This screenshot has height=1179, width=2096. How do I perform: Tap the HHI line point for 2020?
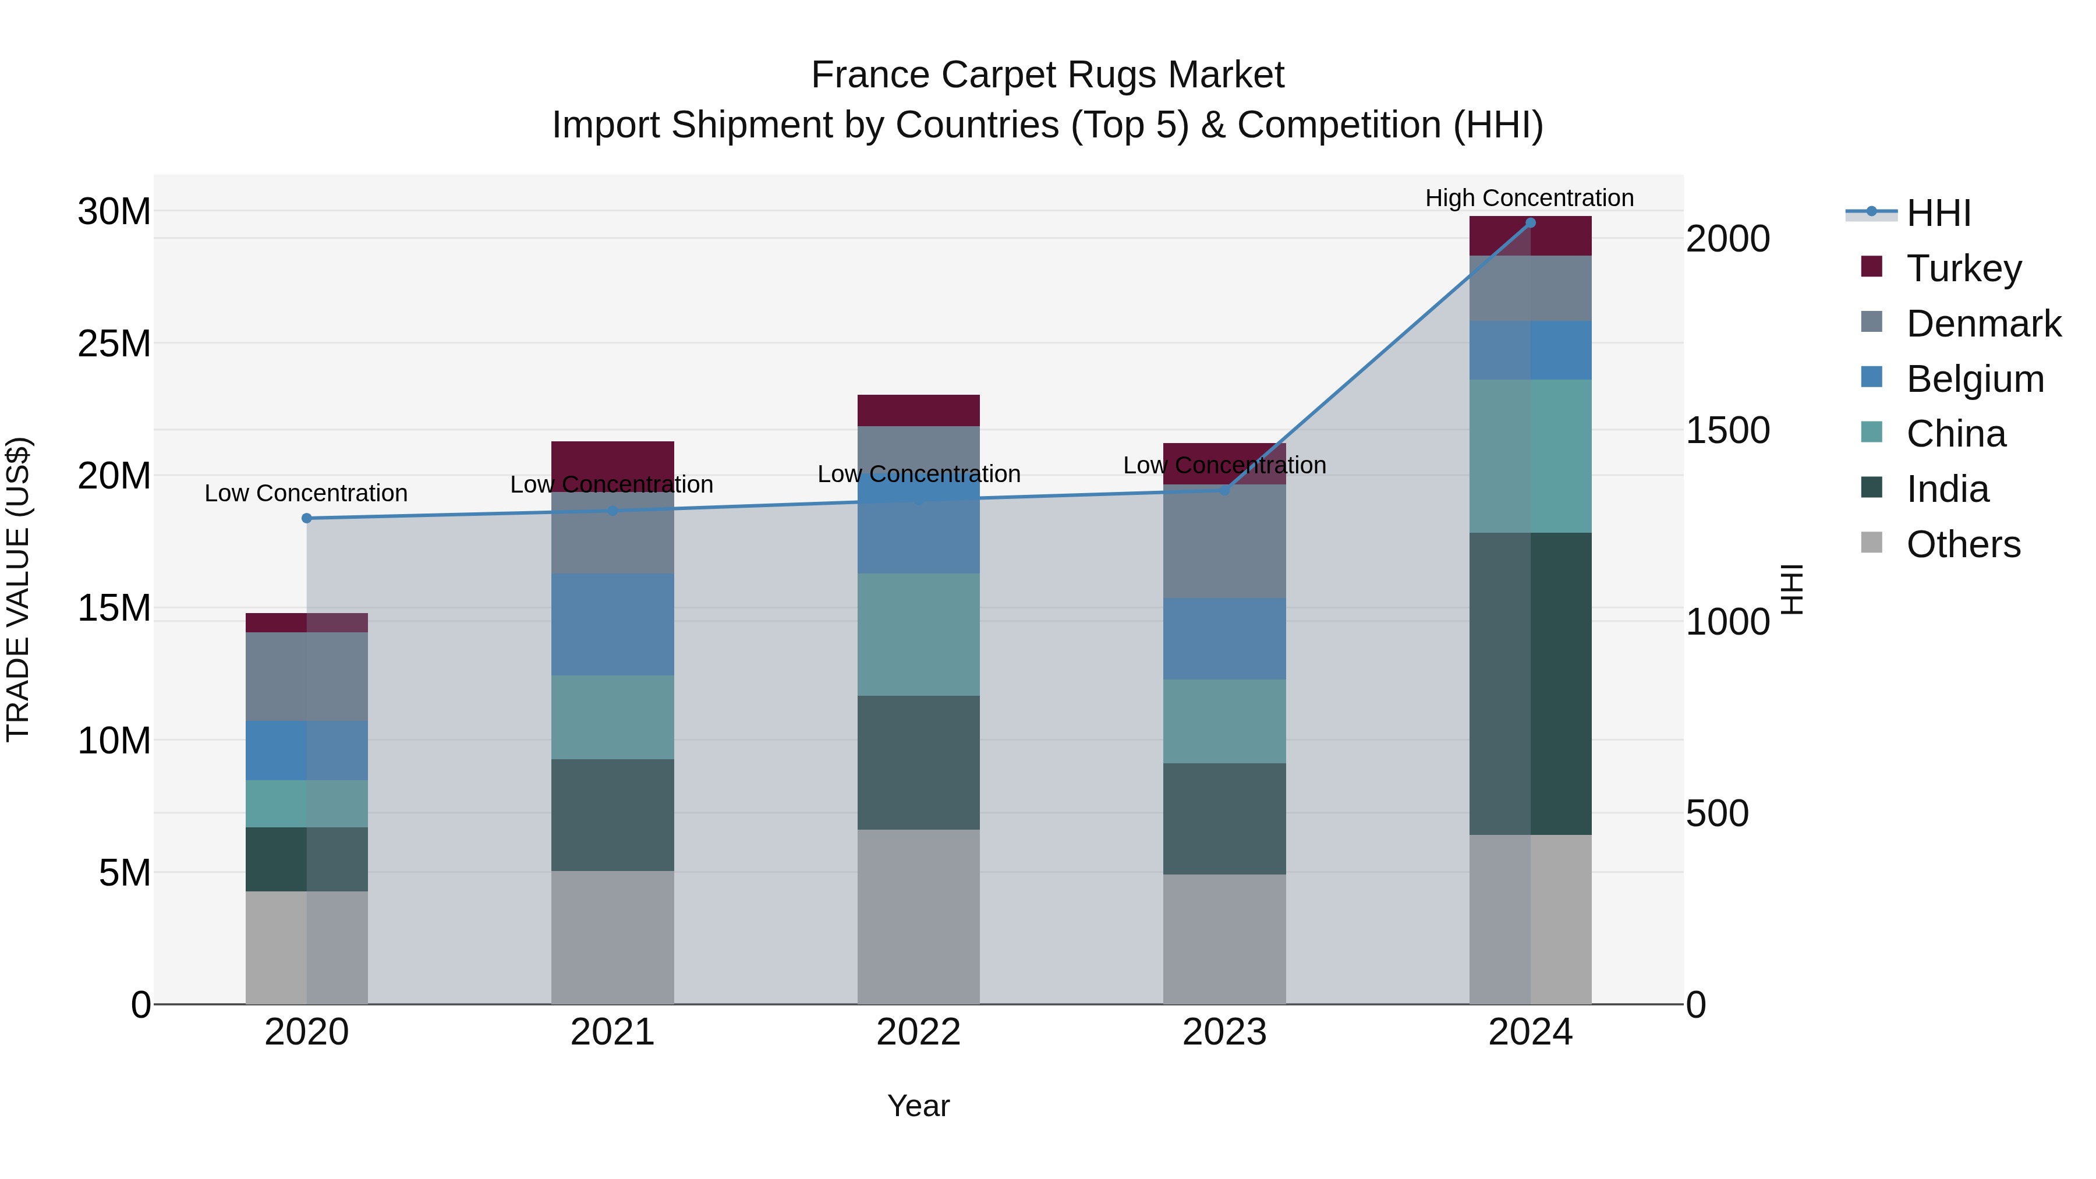(x=307, y=518)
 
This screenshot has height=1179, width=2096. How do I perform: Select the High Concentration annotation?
(x=1529, y=198)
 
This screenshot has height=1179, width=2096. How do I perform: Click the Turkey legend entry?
(x=1963, y=268)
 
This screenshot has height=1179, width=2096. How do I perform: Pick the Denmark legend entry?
(x=1983, y=324)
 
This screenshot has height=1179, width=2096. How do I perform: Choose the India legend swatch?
(x=1871, y=488)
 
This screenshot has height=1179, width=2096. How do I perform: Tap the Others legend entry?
(x=1963, y=544)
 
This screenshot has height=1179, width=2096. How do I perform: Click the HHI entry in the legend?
(x=1938, y=213)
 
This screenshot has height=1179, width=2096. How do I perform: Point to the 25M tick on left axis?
(x=114, y=344)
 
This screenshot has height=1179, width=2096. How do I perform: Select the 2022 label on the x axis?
(x=919, y=1032)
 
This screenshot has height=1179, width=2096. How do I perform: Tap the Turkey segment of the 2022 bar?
(x=919, y=410)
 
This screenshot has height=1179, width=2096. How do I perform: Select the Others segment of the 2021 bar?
(x=612, y=937)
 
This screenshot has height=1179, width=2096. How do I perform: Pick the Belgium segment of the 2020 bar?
(x=307, y=750)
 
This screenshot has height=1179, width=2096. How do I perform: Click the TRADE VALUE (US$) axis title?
(x=19, y=589)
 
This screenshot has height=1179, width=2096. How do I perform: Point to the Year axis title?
(x=919, y=1106)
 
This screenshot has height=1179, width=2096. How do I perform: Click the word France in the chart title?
(x=870, y=75)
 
